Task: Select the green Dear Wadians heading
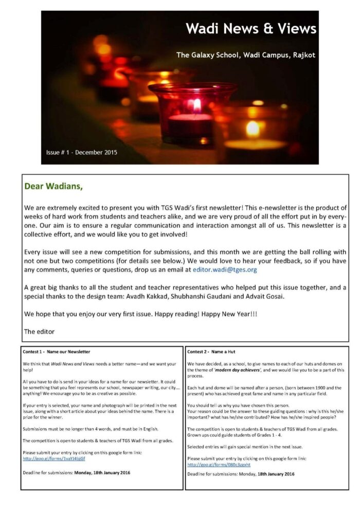pos(53,186)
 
